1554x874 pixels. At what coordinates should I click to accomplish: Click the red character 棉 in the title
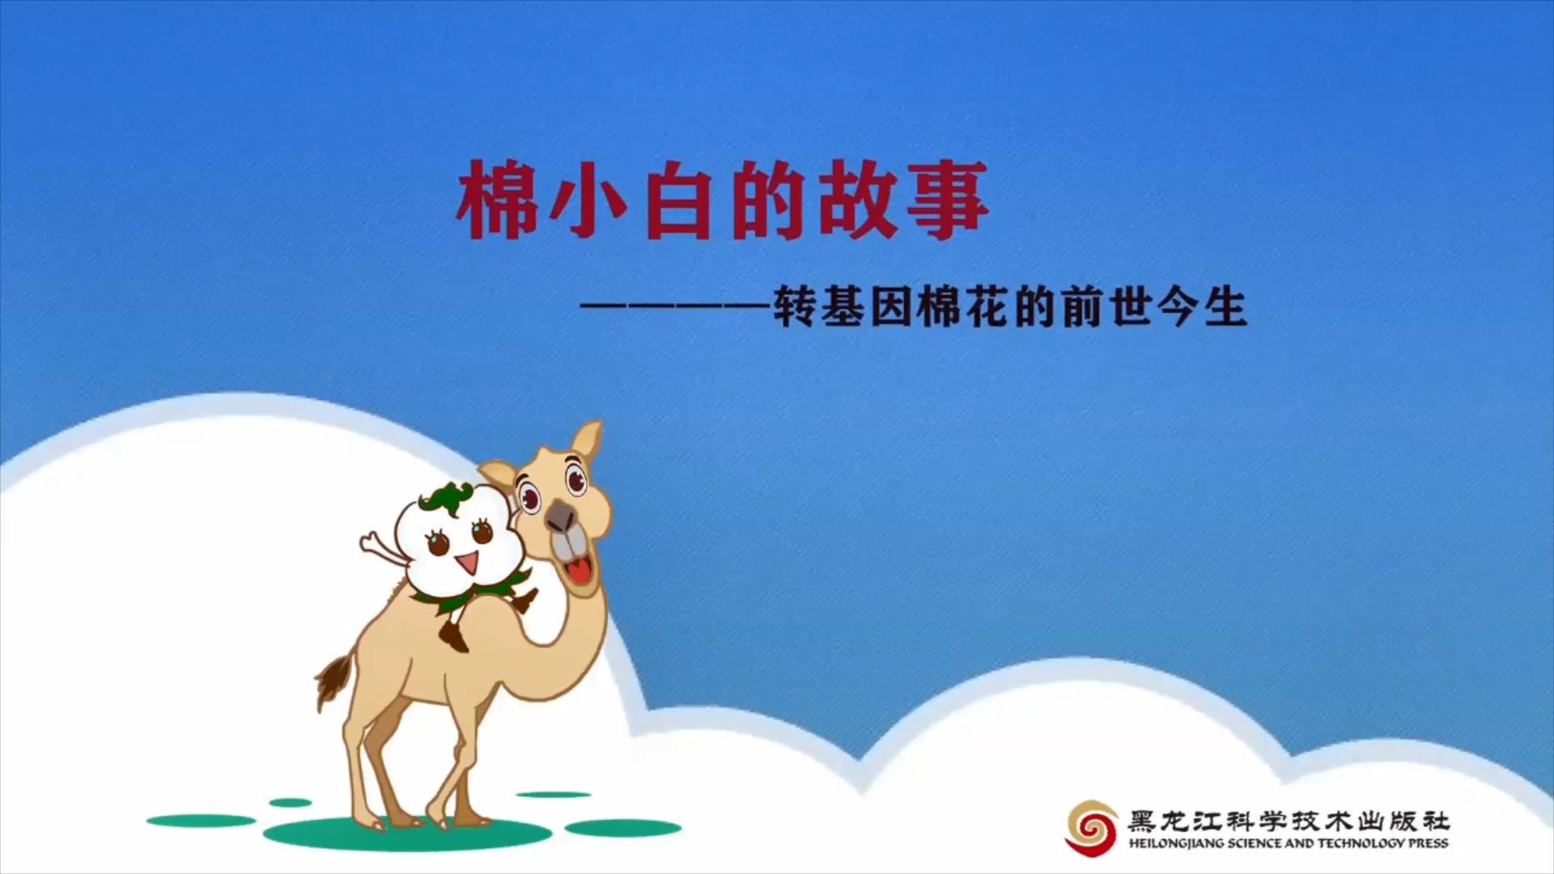[x=497, y=201]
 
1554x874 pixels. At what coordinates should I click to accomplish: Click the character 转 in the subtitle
[x=795, y=308]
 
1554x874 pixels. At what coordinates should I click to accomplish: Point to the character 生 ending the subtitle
[x=1225, y=308]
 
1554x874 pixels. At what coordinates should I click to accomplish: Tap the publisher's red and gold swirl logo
[x=1092, y=826]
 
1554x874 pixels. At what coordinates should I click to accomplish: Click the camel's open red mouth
[x=578, y=571]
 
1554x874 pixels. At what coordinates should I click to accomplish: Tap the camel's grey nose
[x=560, y=513]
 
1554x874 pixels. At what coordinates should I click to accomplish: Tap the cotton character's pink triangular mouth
[x=466, y=561]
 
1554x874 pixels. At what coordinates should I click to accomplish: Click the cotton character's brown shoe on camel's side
[x=455, y=637]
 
